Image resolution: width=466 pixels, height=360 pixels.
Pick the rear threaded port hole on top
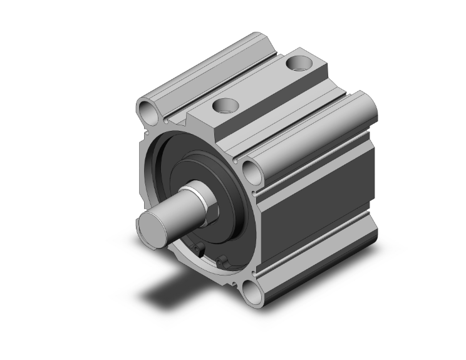coord(296,63)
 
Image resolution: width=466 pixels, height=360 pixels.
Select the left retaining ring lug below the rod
coord(200,250)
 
